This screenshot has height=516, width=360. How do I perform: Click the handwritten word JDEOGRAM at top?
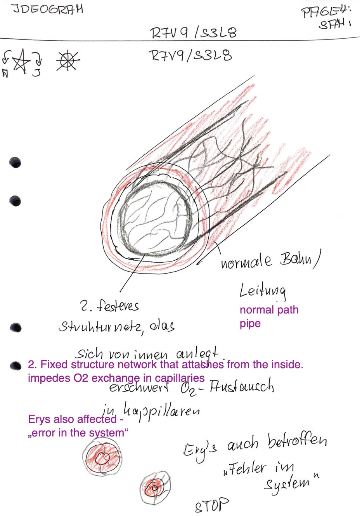pyautogui.click(x=48, y=9)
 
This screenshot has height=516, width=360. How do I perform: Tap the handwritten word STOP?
pyautogui.click(x=211, y=505)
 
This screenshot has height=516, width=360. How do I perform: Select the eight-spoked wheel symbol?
pyautogui.click(x=67, y=61)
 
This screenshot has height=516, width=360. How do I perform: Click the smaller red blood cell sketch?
pyautogui.click(x=155, y=487)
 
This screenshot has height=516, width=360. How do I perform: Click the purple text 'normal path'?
pyautogui.click(x=269, y=310)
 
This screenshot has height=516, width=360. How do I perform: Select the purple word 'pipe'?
pyautogui.click(x=250, y=324)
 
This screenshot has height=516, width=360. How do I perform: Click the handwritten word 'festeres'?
pyautogui.click(x=118, y=306)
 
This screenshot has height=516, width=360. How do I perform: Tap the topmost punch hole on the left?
pyautogui.click(x=15, y=163)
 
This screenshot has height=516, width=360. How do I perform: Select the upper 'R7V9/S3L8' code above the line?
pyautogui.click(x=193, y=33)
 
